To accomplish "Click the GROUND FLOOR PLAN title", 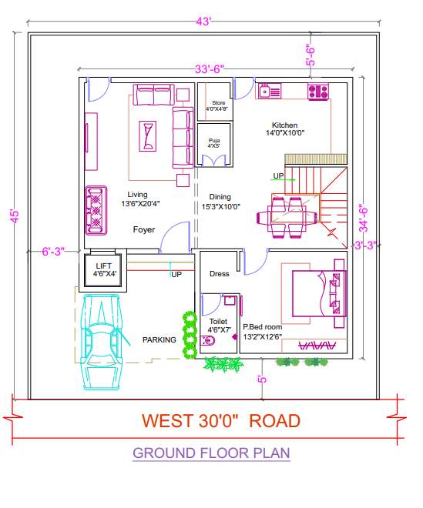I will coord(211,453).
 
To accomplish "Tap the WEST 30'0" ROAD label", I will coord(220,421).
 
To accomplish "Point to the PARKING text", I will coord(159,339).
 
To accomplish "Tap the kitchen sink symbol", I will coord(269,91).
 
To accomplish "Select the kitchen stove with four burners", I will coord(318,92).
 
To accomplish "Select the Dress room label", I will coord(220,274).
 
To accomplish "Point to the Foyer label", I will coord(144,229).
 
